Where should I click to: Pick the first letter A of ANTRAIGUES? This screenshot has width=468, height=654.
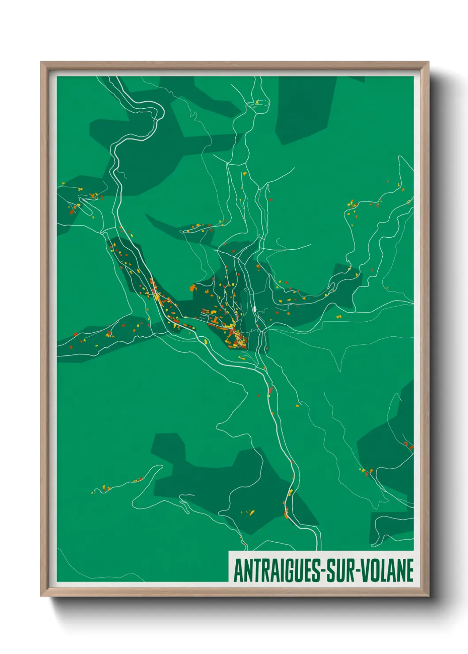pyautogui.click(x=238, y=570)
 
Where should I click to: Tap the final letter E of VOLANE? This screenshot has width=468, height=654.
pyautogui.click(x=410, y=570)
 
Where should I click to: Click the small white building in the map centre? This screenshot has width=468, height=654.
pyautogui.click(x=255, y=308)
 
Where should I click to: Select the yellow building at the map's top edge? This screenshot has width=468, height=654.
pyautogui.click(x=256, y=102)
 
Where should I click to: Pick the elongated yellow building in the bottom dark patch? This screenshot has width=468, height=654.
pyautogui.click(x=252, y=513)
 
